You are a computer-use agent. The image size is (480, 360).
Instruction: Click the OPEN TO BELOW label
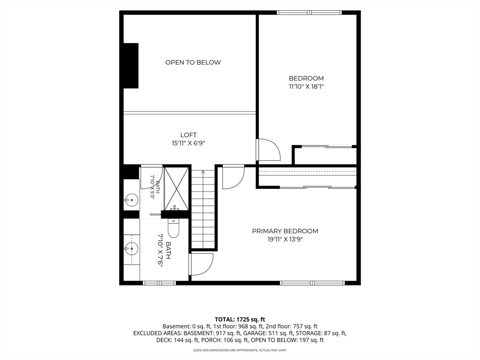(x=193, y=62)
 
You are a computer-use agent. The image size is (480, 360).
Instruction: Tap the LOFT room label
(x=188, y=135)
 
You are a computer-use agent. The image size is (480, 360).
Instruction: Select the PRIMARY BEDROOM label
(x=285, y=231)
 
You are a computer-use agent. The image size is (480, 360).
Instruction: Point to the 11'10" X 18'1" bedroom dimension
(x=306, y=87)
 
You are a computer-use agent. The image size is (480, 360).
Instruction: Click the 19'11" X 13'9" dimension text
(x=285, y=240)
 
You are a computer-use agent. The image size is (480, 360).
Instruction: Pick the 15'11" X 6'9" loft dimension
(x=188, y=143)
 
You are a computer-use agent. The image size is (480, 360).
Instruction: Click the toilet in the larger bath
(x=173, y=228)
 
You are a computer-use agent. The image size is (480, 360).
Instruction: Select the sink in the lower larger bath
(x=132, y=248)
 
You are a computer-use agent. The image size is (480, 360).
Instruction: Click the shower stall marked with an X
(x=176, y=189)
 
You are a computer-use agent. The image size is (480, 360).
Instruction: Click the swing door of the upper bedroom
(x=269, y=150)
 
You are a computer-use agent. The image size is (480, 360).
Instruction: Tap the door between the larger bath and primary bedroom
(x=201, y=264)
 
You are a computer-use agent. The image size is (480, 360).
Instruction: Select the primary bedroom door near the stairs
(x=233, y=177)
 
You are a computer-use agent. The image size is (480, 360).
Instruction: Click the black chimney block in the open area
(x=131, y=66)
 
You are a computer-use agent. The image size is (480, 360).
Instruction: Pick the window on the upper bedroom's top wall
(x=309, y=13)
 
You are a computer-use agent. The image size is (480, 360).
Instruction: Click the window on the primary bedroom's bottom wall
(x=312, y=283)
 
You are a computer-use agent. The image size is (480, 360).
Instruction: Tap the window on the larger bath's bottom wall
(x=159, y=283)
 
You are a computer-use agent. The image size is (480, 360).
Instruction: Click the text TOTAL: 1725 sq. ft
(x=240, y=320)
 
